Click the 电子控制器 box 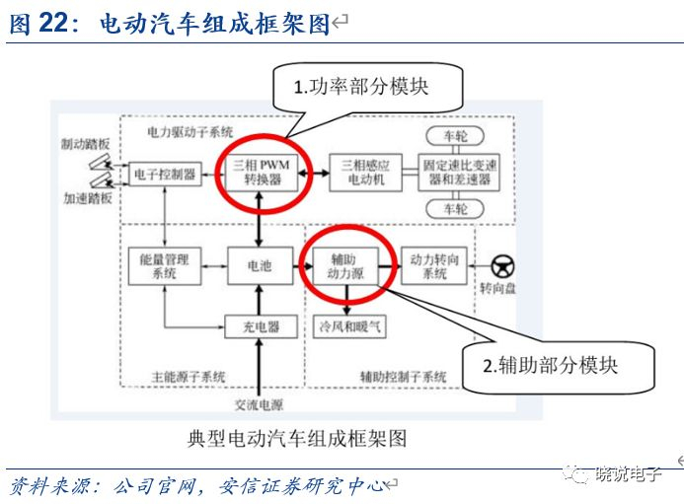pos(163,174)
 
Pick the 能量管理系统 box pos(163,265)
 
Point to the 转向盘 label pos(498,289)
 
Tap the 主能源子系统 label pos(187,377)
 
